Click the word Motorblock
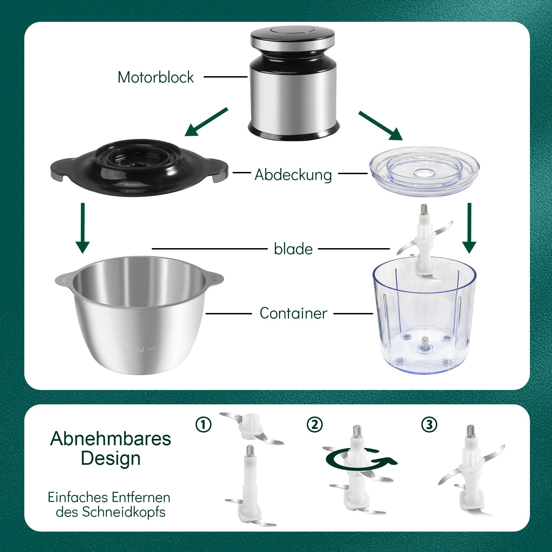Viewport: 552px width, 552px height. coord(156,77)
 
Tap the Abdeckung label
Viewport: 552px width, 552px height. coord(293,175)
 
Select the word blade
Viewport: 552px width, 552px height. coord(293,249)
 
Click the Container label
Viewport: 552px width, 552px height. coord(293,313)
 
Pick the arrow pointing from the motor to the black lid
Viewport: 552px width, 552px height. coord(206,122)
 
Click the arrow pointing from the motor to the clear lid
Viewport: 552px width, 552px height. coord(381,126)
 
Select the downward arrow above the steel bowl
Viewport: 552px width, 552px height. coord(83,228)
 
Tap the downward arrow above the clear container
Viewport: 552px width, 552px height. coord(469,228)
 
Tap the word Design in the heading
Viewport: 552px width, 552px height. coord(111,458)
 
